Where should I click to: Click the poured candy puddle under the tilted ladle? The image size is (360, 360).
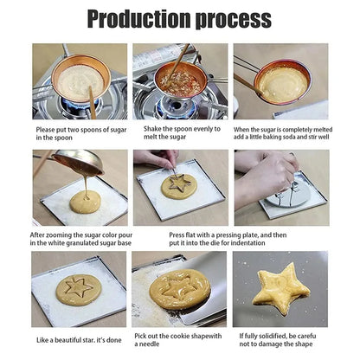click(x=86, y=202)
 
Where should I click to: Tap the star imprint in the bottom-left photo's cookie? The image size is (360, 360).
click(x=78, y=287)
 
